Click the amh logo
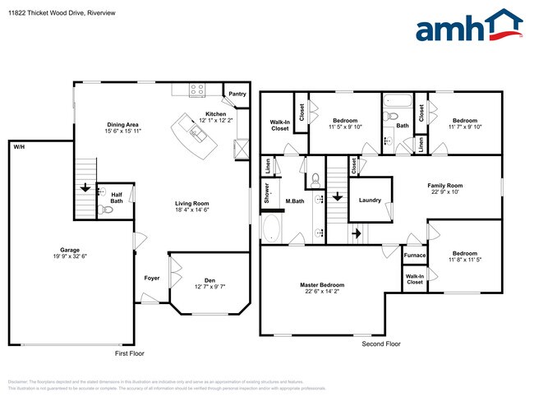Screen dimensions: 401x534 [x=468, y=26]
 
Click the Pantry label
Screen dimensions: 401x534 [x=237, y=94]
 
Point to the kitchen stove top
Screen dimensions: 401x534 [x=197, y=90]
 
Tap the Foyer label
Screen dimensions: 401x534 [x=152, y=279]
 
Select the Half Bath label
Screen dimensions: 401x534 [x=117, y=198]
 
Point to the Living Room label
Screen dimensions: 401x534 [x=191, y=206]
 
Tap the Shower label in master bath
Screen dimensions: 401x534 [x=268, y=193]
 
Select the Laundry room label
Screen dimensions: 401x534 [x=370, y=200]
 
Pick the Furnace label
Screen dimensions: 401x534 [x=414, y=256]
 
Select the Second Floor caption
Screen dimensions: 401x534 [x=381, y=344]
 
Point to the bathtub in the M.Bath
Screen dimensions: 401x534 [x=271, y=228]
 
